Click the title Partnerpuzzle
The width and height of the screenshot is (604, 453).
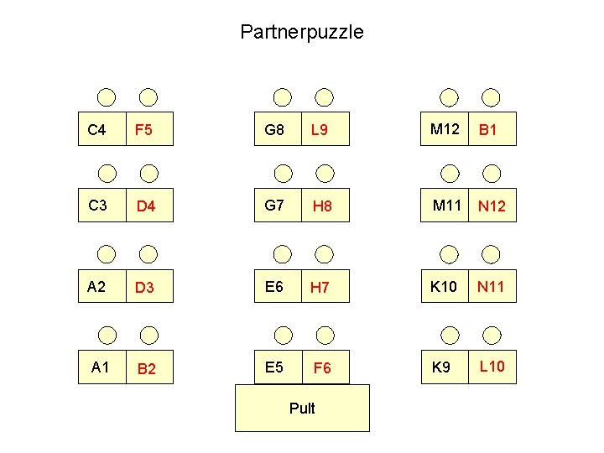click(302, 32)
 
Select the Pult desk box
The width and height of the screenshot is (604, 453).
click(302, 408)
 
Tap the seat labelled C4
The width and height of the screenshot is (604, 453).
click(97, 130)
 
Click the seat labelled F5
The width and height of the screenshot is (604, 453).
click(144, 130)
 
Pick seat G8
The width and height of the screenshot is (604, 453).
click(274, 130)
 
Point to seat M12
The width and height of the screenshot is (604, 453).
click(445, 129)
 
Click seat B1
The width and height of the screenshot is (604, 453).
click(489, 130)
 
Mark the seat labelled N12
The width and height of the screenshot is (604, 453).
click(492, 206)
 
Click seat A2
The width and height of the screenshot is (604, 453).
click(97, 287)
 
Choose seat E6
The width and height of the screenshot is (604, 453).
click(274, 287)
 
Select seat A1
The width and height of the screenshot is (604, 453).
click(100, 367)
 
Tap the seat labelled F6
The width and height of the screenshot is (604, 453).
click(321, 367)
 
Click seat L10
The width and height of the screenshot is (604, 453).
click(492, 366)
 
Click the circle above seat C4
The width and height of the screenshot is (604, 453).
click(106, 96)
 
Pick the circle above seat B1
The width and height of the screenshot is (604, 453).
click(492, 96)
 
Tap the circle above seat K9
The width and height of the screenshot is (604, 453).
click(450, 335)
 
